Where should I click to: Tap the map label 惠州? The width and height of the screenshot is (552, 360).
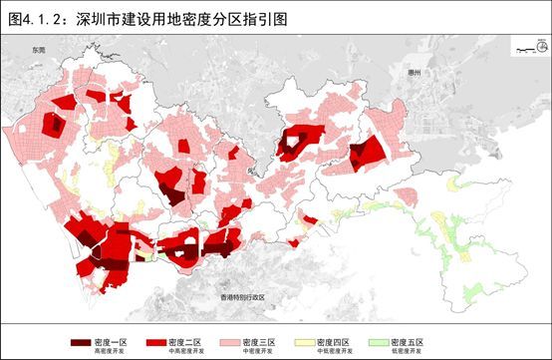pyautogui.click(x=415, y=74)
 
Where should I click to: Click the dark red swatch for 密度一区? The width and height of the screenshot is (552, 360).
pyautogui.click(x=79, y=342)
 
